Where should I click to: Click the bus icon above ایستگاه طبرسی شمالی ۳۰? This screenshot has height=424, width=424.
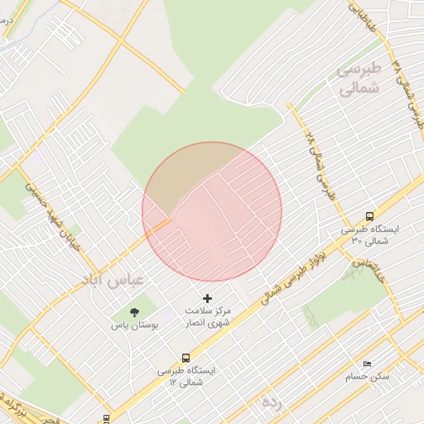point(369,215)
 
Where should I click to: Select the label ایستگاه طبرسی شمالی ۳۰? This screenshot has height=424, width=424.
point(369,234)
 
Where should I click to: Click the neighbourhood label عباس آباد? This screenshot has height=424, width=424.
point(113,277)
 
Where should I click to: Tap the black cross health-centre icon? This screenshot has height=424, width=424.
point(207,297)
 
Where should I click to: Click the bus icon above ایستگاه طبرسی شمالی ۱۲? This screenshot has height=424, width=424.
point(185,358)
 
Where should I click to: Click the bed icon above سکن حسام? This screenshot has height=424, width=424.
point(368,364)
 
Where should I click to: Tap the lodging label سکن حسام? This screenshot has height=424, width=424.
point(368,377)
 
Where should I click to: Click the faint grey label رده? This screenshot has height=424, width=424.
point(272,403)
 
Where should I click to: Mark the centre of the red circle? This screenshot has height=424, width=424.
point(212,211)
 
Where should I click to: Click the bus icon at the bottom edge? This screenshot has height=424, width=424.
point(106,418)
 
